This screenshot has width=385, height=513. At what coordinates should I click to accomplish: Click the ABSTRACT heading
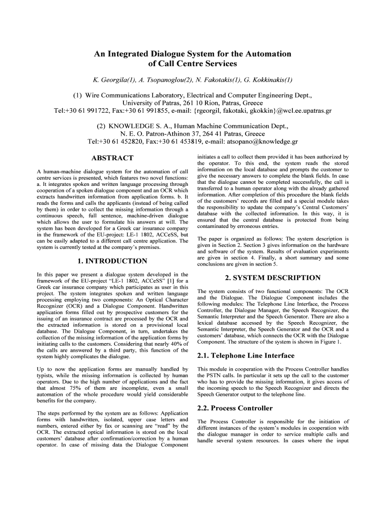[x=112, y=158]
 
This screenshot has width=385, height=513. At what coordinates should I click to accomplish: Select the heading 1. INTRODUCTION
[x=112, y=261]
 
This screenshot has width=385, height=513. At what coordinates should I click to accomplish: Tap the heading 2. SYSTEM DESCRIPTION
[x=272, y=278]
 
